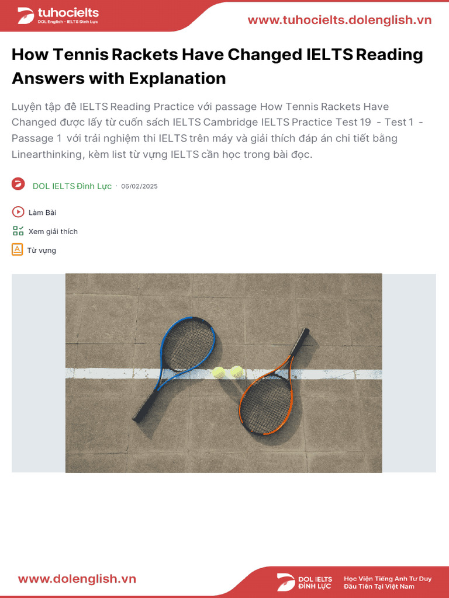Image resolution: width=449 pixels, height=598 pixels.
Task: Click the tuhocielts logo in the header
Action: (58, 16)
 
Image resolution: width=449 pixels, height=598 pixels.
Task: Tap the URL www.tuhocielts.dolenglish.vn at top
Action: (339, 20)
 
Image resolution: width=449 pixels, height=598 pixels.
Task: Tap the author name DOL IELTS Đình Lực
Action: (72, 186)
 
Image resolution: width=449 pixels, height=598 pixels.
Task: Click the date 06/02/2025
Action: (139, 186)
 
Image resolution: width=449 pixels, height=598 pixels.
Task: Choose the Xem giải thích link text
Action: (53, 231)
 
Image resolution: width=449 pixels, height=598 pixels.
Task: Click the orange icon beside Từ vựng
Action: (18, 250)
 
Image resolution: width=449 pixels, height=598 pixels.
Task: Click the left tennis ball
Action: (219, 371)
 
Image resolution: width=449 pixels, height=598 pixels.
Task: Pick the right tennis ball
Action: (236, 371)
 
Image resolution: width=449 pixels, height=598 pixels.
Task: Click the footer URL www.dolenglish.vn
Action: (77, 579)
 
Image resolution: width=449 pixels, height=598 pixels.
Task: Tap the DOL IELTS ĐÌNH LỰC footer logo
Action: (305, 582)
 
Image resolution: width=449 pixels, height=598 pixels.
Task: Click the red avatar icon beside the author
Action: (18, 184)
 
